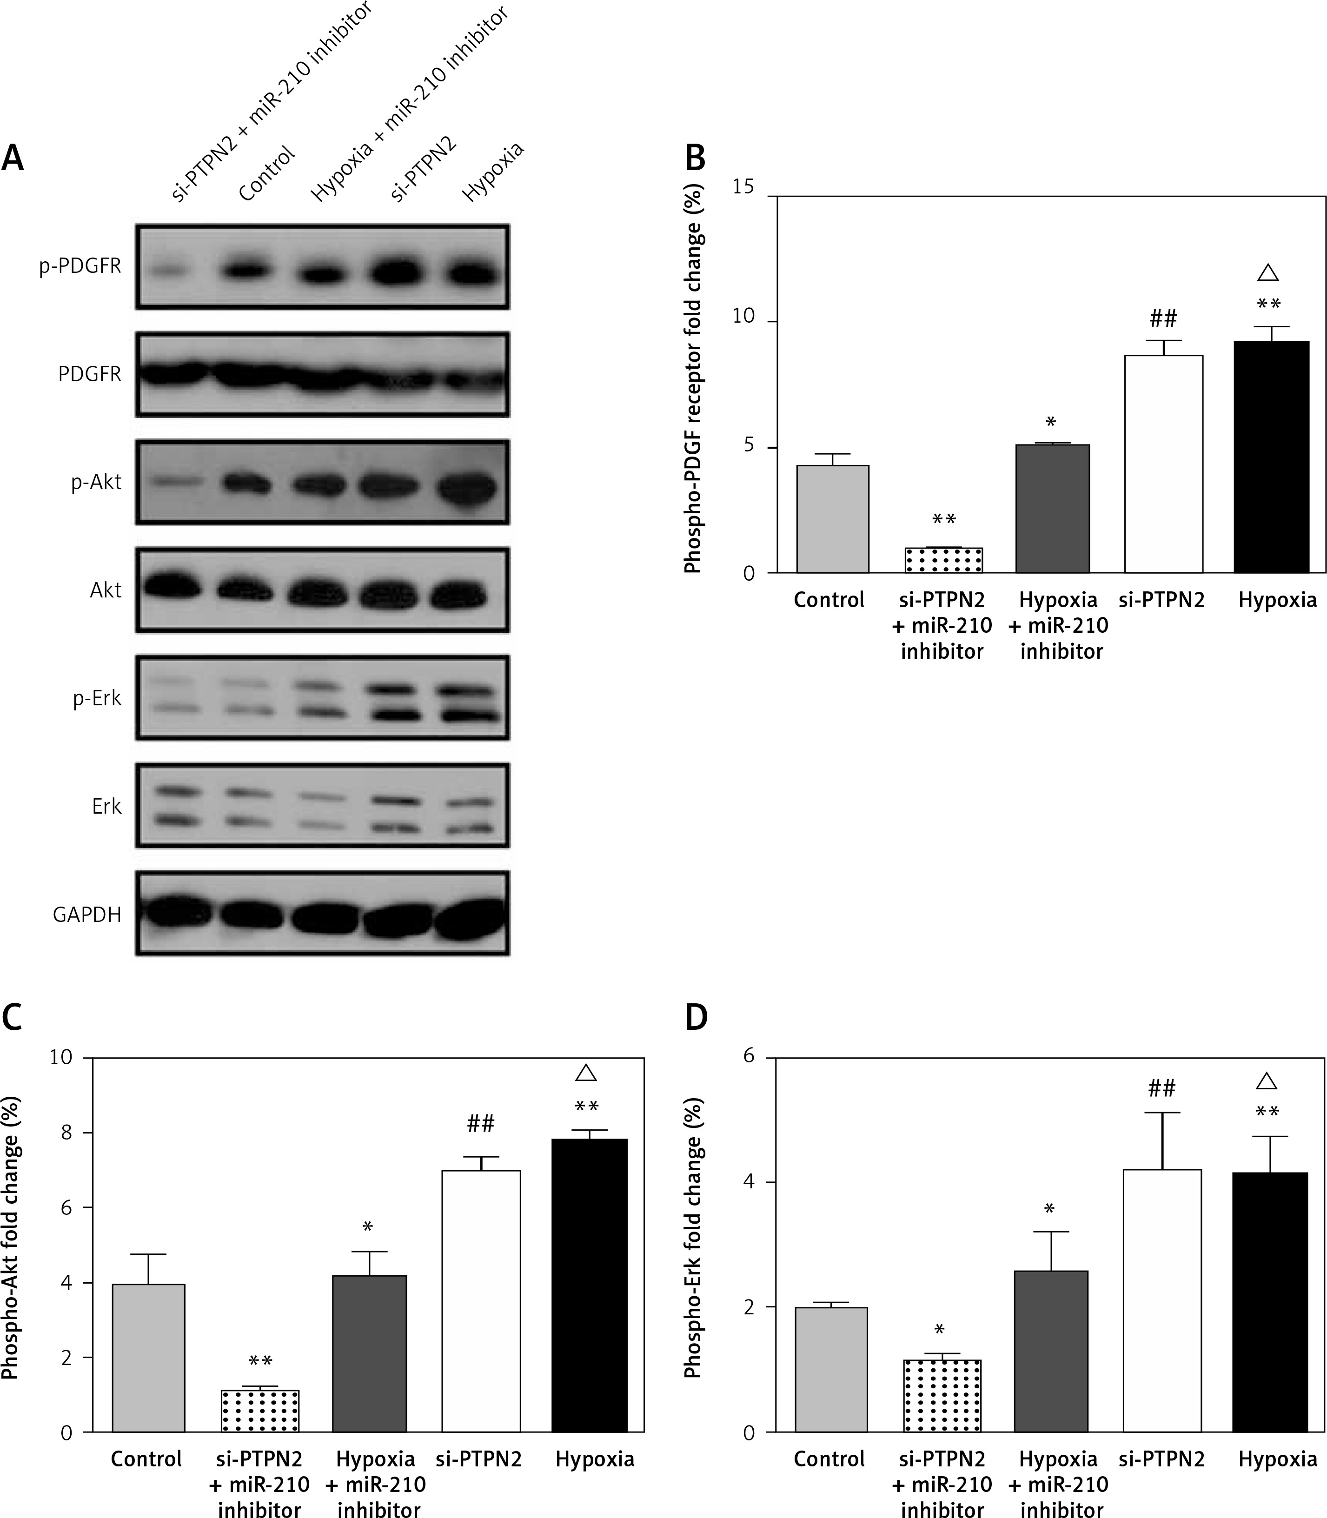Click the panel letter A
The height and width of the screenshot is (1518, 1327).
click(13, 159)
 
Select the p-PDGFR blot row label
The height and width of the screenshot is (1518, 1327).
click(80, 266)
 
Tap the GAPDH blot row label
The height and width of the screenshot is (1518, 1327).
click(86, 915)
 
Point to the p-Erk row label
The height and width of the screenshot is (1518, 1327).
click(96, 699)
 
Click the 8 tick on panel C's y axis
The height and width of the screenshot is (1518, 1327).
click(66, 1133)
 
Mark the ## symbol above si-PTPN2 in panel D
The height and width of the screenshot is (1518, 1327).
click(1162, 1088)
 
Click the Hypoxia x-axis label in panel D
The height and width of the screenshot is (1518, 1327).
click(1277, 1459)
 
